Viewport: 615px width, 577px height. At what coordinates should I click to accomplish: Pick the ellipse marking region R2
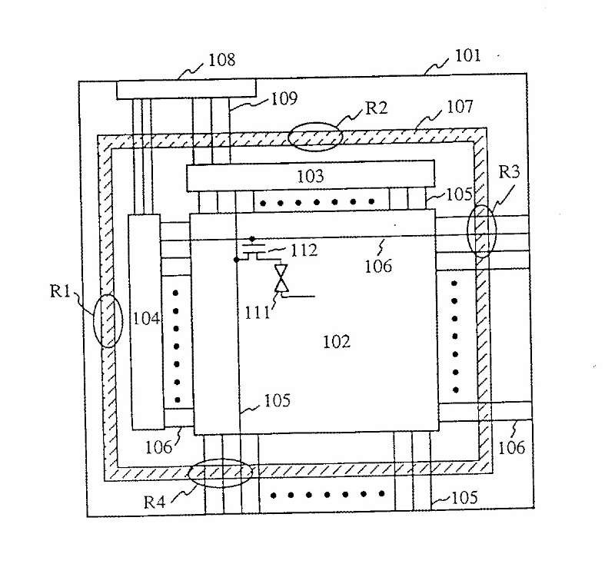coord(315,136)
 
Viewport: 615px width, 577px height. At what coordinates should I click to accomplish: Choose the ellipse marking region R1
coord(108,320)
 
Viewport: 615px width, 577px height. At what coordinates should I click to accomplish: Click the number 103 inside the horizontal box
coord(310,177)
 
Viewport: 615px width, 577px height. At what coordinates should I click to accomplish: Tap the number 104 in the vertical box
coord(146,318)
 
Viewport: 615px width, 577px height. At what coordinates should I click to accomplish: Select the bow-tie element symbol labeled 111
coord(282,279)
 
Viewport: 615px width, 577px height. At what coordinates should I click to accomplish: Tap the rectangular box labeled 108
coord(185,89)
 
